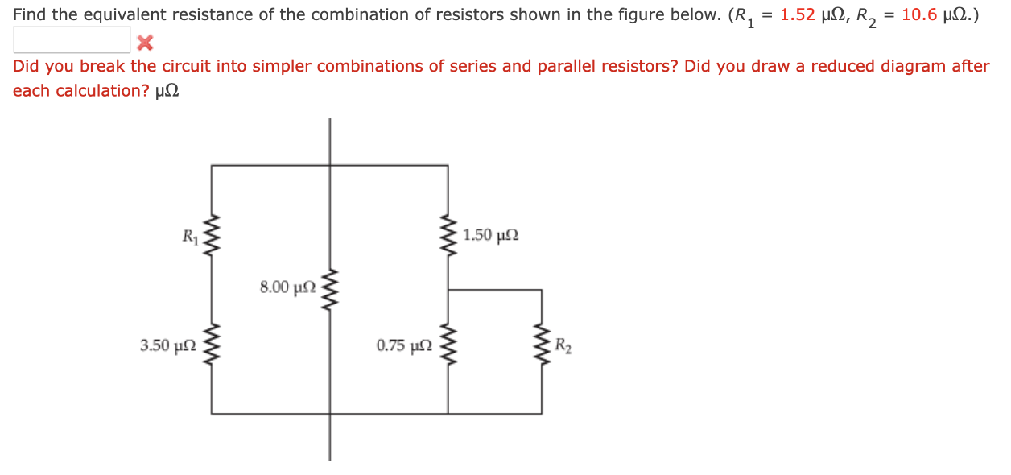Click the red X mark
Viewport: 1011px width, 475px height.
pos(145,41)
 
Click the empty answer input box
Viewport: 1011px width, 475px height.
pos(72,39)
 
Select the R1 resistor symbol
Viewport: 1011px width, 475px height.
pos(213,237)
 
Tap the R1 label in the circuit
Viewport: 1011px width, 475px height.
pos(190,237)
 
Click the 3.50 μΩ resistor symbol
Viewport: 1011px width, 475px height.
pos(213,346)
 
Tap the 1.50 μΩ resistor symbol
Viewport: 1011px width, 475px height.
pos(448,235)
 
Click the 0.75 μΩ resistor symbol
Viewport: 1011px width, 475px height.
pos(448,346)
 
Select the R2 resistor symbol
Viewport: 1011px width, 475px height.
pos(542,346)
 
